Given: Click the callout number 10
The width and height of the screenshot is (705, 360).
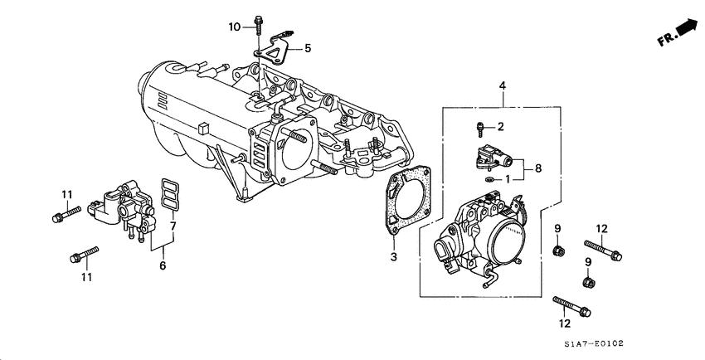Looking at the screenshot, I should pos(235,27).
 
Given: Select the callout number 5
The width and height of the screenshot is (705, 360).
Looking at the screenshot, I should pos(307,49).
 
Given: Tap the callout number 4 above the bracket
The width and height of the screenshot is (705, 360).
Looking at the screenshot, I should pos(502,86).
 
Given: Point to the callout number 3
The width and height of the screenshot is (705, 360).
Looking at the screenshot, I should pos(394,257).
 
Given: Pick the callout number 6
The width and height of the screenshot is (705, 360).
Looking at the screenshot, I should pos(163,265).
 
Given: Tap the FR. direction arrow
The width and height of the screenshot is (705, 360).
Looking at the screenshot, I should pos(678,32).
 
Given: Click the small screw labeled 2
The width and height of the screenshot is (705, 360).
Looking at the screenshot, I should pos(480,129).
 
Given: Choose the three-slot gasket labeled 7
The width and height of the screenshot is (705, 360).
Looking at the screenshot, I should pos(169,195).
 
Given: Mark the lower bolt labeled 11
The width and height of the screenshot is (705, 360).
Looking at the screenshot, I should pos(85,253).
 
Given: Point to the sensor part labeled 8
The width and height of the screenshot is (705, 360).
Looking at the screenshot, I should pos(496,157).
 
